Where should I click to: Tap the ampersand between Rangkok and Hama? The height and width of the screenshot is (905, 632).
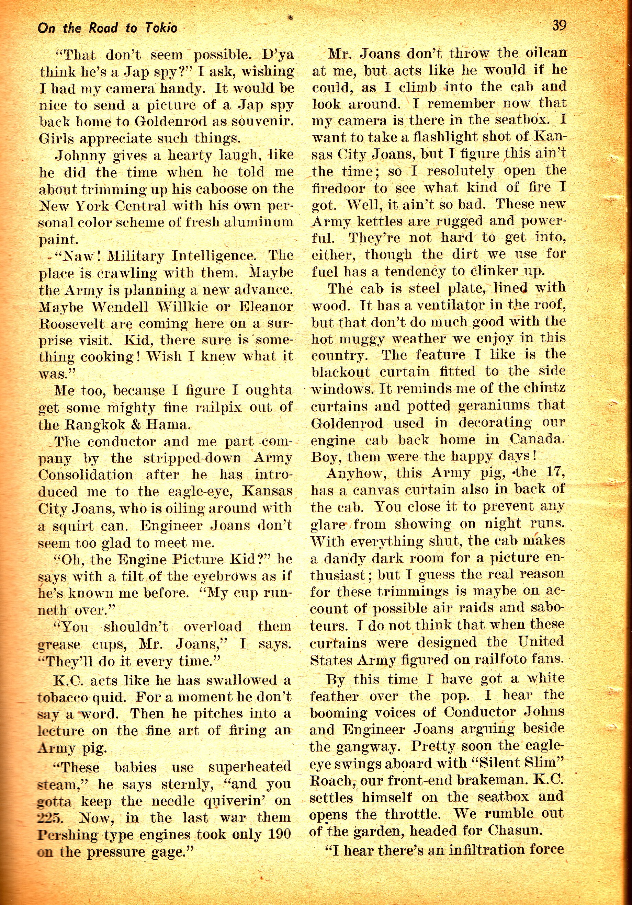pyautogui.click(x=128, y=425)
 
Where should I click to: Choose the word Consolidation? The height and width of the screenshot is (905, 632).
pyautogui.click(x=86, y=475)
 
